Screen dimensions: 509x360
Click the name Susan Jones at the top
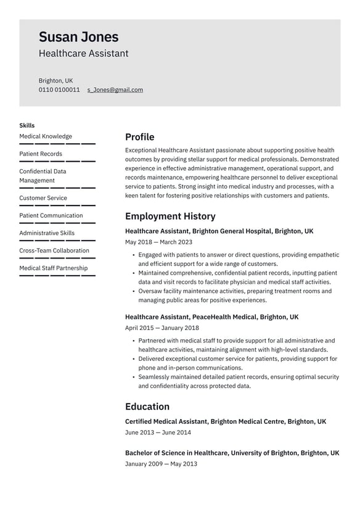click(x=78, y=37)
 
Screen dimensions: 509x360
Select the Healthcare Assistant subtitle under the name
click(x=83, y=54)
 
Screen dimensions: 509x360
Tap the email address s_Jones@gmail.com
click(x=115, y=89)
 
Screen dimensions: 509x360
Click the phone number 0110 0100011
click(x=59, y=89)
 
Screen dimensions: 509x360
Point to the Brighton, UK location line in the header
click(x=55, y=80)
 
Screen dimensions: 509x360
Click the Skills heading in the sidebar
click(x=27, y=125)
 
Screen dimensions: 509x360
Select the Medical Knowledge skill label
click(x=46, y=136)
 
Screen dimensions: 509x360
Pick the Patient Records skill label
click(x=41, y=154)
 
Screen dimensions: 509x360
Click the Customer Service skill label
click(x=43, y=198)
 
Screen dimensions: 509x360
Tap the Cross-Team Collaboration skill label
click(x=54, y=250)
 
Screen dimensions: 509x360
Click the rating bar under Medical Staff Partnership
click(x=57, y=275)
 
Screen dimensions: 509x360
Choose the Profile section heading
click(x=139, y=137)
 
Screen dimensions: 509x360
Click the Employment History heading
click(x=170, y=216)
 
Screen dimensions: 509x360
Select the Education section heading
click(x=147, y=407)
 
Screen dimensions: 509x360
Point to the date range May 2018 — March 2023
click(x=158, y=242)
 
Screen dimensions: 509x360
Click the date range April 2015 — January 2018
click(x=162, y=328)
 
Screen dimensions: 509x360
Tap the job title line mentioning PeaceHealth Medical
click(x=211, y=317)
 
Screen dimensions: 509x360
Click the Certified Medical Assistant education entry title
click(x=226, y=421)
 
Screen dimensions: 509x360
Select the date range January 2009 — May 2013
click(x=161, y=463)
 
